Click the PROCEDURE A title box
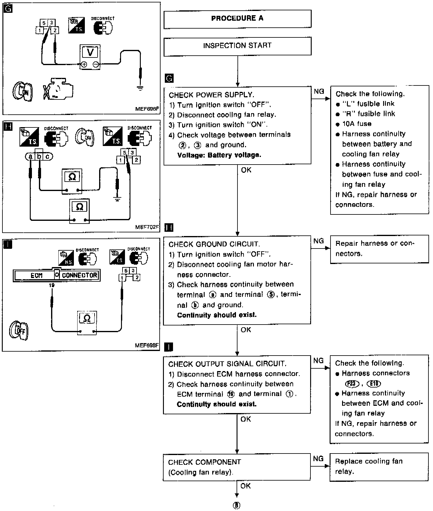point(237,19)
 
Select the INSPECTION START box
point(237,46)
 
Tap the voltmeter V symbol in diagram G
point(90,52)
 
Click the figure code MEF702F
point(147,227)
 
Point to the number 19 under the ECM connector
point(52,285)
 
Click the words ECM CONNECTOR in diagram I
point(56,275)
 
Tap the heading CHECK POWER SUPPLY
point(211,95)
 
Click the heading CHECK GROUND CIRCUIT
point(214,244)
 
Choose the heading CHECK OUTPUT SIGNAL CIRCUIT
point(227,364)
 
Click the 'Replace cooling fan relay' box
point(379,467)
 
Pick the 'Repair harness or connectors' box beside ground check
point(379,249)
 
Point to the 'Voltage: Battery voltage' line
point(219,155)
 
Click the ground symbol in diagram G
point(140,89)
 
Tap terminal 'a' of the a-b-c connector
point(30,157)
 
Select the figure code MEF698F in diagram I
point(147,346)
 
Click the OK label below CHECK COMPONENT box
point(245,486)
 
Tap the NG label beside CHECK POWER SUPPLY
point(319,91)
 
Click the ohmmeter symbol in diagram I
point(87,322)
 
